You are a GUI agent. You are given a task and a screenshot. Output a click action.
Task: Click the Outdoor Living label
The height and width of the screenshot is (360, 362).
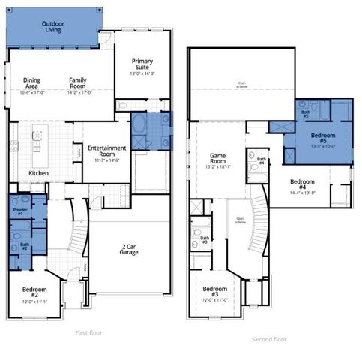(x=54, y=28)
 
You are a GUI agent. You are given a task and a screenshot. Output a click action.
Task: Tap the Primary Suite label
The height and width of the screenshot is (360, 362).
(x=142, y=65)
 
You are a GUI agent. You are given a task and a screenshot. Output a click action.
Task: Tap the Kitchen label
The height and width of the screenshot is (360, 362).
(x=40, y=173)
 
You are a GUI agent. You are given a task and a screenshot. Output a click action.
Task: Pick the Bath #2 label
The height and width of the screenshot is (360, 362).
(x=24, y=245)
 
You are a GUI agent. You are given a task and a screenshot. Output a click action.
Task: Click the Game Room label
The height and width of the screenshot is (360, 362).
(x=218, y=158)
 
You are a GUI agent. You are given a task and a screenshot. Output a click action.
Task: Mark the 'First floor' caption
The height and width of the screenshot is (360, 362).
(x=90, y=331)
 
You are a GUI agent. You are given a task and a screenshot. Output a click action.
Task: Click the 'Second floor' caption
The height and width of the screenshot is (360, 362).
(x=269, y=339)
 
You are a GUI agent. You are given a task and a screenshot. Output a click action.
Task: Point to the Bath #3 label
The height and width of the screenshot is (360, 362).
(x=205, y=239)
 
